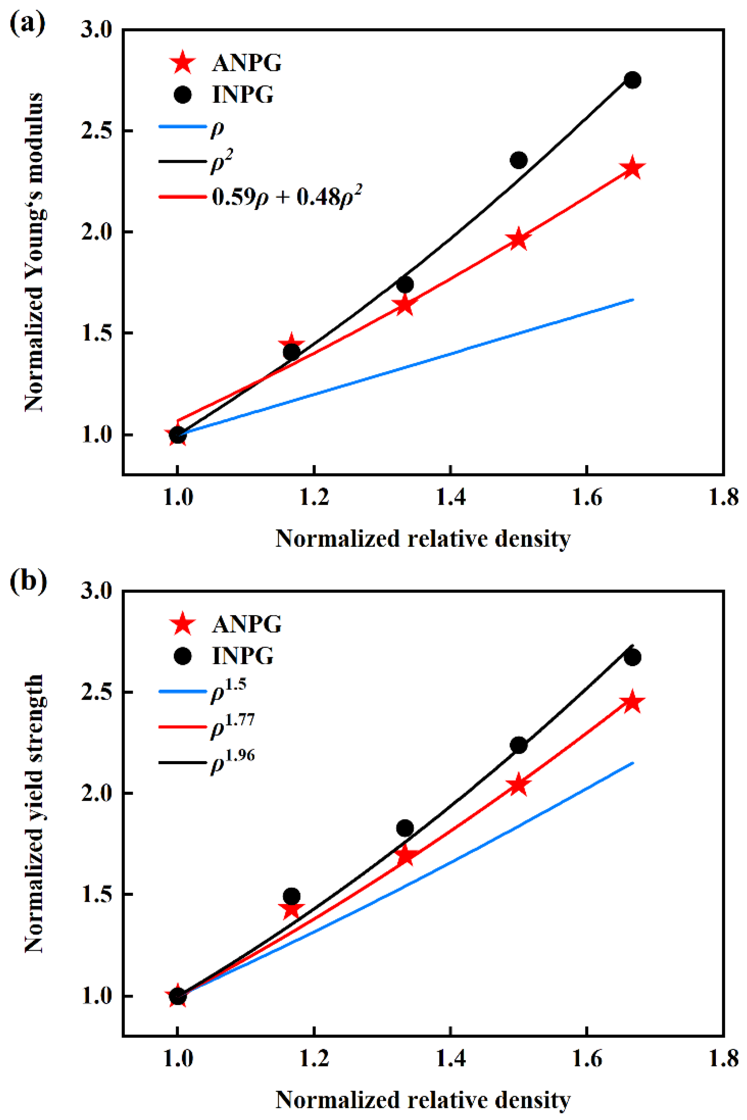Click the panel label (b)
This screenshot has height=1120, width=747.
point(28,580)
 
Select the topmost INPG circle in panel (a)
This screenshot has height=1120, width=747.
point(632,80)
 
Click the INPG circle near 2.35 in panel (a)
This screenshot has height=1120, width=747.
point(518,160)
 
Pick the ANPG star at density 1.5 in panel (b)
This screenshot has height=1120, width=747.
point(518,785)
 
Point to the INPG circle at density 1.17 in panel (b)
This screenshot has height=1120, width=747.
point(291,896)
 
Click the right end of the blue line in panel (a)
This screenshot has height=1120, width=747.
point(632,300)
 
